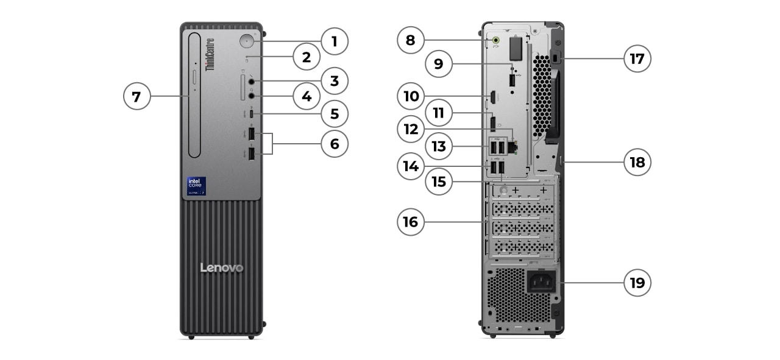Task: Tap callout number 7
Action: pyautogui.click(x=137, y=96)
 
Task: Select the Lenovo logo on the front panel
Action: pyautogui.click(x=222, y=268)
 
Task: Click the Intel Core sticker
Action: pyautogui.click(x=196, y=186)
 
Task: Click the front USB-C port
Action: pyautogui.click(x=252, y=114)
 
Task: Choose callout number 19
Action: pyautogui.click(x=637, y=283)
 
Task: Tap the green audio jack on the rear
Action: pyautogui.click(x=495, y=41)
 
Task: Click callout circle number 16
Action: pyautogui.click(x=411, y=222)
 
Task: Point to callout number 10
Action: pyautogui.click(x=411, y=96)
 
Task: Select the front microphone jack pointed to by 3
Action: pyautogui.click(x=252, y=81)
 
